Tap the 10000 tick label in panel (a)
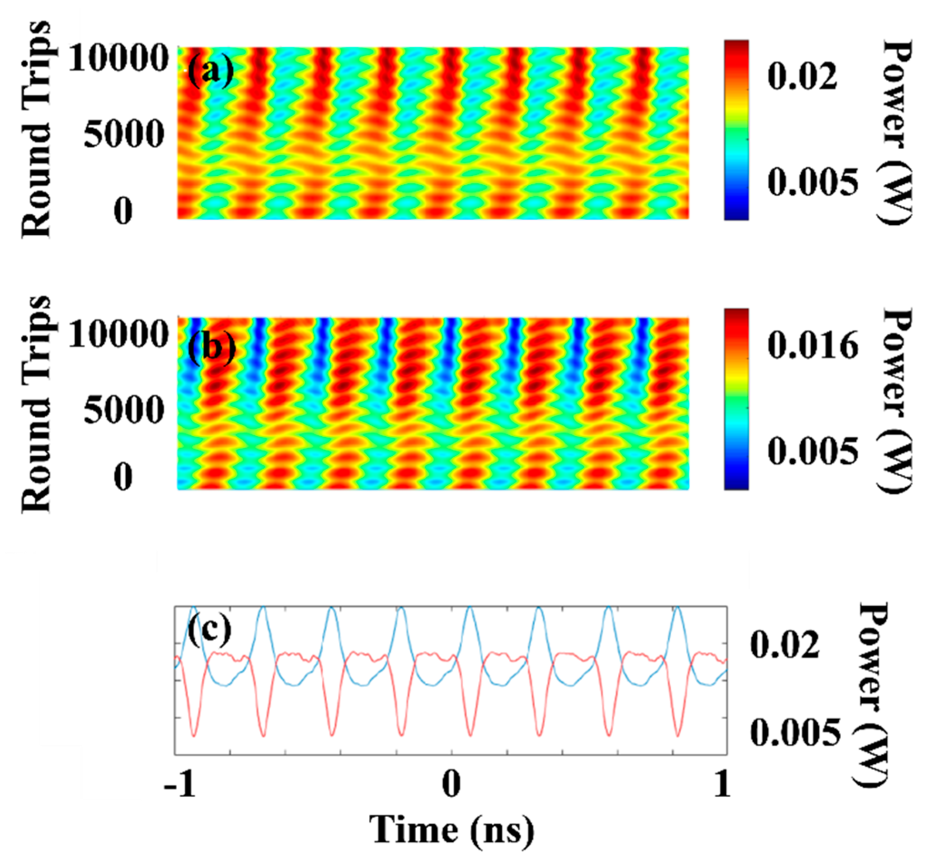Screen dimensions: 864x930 point(119,59)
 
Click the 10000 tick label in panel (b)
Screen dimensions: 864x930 point(119,334)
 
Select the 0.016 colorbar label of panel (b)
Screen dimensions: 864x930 point(813,345)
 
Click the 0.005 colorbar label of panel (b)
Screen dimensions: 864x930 point(813,451)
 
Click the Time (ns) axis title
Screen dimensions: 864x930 point(451,829)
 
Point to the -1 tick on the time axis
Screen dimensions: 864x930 point(179,785)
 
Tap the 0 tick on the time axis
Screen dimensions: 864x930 point(451,785)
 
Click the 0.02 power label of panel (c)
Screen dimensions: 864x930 point(785,644)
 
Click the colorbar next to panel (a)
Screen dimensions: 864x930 point(736,130)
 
